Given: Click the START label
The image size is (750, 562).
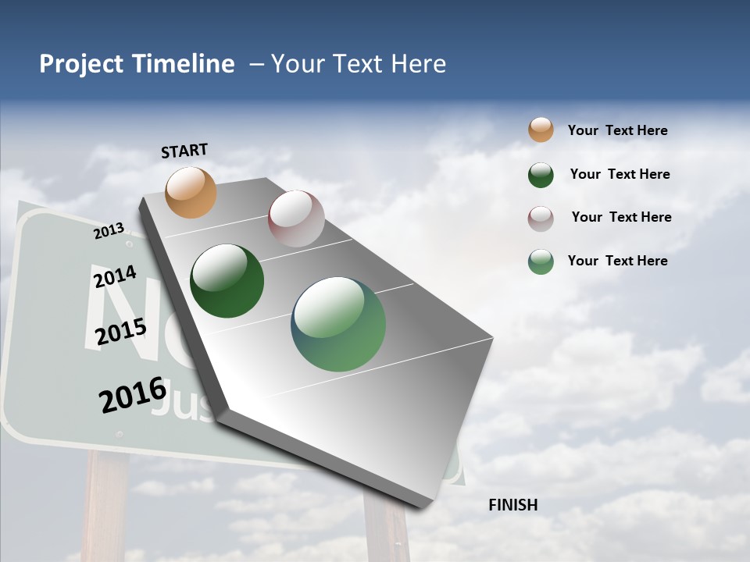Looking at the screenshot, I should tap(184, 151).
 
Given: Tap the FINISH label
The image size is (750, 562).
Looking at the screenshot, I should tap(512, 505).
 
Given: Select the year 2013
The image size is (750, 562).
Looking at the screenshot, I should tap(109, 230).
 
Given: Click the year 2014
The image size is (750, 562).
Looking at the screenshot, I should tap(115, 276).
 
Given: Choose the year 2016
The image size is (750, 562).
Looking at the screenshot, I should tap(133, 395).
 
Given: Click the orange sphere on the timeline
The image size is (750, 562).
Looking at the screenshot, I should tap(191, 192).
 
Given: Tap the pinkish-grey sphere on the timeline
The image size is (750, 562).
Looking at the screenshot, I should tap(296, 219).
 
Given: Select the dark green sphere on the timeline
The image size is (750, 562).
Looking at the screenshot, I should tap(227, 281).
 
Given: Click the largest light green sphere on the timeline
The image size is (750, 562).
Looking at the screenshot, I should tap(338, 324).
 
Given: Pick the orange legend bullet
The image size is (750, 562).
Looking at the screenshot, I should tap(541, 130).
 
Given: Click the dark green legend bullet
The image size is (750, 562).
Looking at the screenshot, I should tap(541, 175).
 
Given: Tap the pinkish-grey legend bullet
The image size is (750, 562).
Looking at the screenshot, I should tap(541, 218).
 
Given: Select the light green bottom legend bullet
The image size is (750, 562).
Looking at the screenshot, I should tap(541, 261).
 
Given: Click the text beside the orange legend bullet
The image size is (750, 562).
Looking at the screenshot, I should tap(617, 130).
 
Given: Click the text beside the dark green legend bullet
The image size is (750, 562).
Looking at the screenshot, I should tap(620, 174).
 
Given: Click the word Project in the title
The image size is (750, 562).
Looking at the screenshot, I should tap(80, 64).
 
